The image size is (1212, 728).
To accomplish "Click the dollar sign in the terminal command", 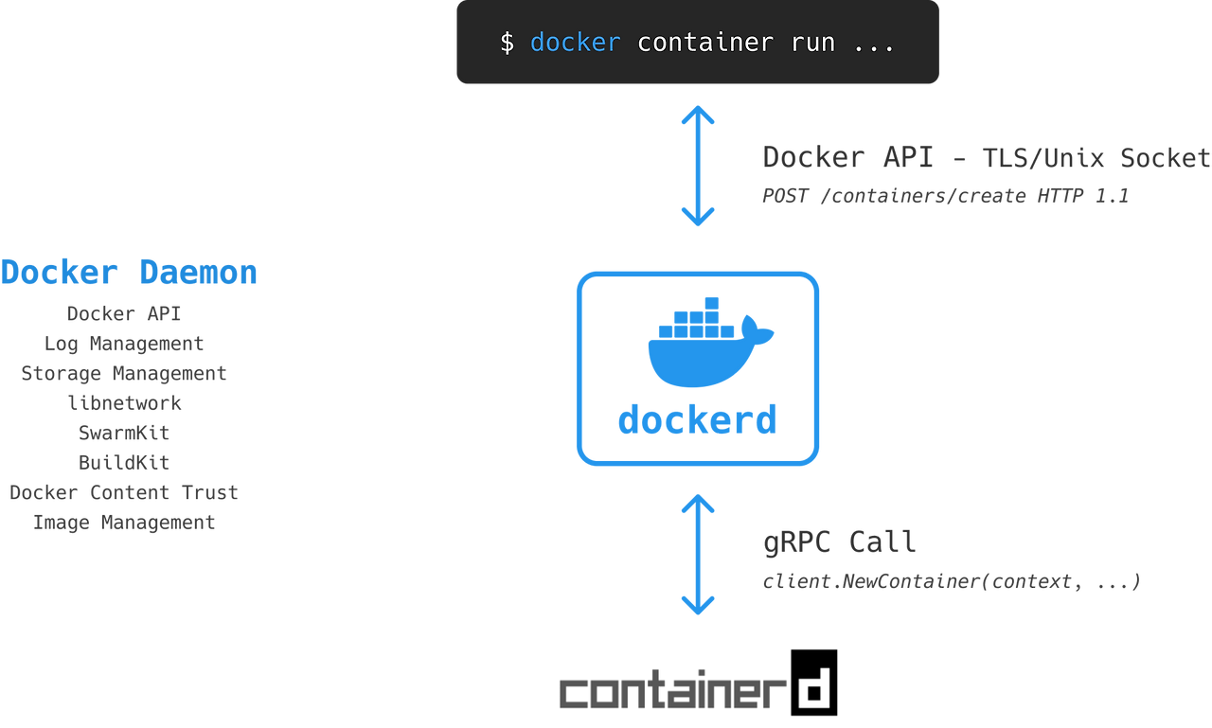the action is pos(507,43).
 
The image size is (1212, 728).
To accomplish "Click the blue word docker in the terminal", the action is pos(575,43).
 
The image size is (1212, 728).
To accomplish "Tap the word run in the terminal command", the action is pos(812,44).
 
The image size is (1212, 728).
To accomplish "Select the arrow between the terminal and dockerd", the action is pos(698,166).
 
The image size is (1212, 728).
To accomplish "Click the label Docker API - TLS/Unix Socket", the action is pos(986,157).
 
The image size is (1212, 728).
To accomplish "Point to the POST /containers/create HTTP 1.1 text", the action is pos(945,195).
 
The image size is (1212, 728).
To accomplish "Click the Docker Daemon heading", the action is pos(129,272).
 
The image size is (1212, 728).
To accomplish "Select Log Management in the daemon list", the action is pos(124,344).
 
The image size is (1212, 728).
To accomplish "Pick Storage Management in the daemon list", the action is pos(124,373).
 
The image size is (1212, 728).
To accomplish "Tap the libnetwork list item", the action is pos(124,403).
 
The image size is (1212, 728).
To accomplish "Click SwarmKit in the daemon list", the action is pos(124,433).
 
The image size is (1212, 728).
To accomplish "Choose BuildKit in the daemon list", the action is pos(124,462).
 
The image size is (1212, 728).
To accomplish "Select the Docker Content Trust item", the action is pos(124,492).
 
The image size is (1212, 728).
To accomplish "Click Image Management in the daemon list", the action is pos(124,522).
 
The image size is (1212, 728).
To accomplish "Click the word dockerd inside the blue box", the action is pos(698,419).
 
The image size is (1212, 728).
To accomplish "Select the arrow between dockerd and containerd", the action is pos(698,555).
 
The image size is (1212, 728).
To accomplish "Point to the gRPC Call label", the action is pos(839,542).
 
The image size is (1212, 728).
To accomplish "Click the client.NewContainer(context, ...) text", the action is pos(952,581).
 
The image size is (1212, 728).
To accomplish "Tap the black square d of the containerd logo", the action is pos(813,683).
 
